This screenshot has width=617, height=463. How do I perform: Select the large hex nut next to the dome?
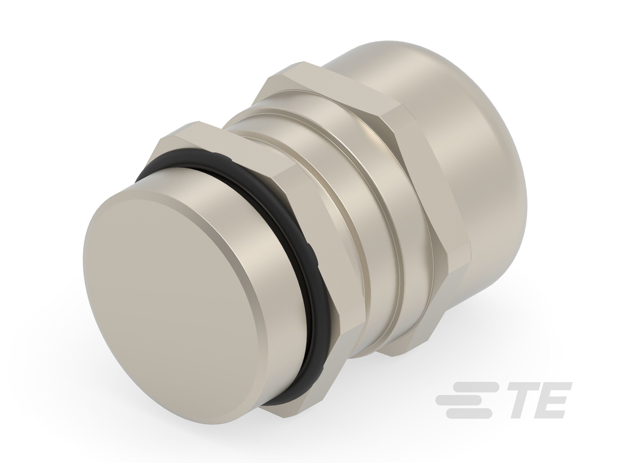(391, 195)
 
